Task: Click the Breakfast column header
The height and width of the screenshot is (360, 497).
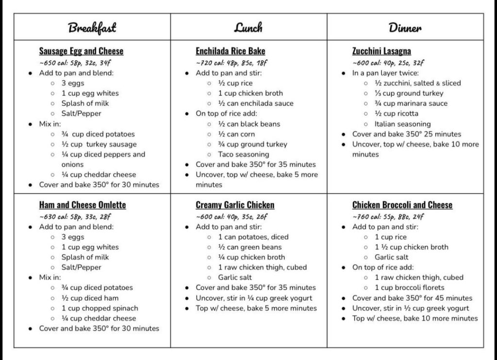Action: tap(92, 27)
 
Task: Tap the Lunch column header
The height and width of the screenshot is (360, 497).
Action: tap(248, 27)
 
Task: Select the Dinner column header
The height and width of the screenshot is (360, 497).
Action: tap(405, 27)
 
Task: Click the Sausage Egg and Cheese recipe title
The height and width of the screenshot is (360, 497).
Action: tap(81, 51)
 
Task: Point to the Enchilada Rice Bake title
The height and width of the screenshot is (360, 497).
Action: tap(230, 51)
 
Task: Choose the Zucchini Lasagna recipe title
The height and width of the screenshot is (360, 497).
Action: tap(381, 51)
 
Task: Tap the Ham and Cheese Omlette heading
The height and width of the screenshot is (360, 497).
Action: tap(83, 205)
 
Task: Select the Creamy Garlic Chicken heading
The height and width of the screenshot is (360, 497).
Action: tap(235, 205)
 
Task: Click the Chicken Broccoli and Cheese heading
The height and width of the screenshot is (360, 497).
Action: tap(402, 205)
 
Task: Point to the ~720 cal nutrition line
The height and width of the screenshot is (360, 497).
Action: tap(232, 63)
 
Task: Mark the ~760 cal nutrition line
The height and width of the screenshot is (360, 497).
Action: tap(388, 217)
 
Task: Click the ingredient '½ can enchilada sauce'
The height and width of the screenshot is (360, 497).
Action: tap(255, 103)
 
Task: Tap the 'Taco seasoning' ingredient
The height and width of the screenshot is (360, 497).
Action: tap(244, 154)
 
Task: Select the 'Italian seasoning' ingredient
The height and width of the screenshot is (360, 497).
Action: tap(402, 124)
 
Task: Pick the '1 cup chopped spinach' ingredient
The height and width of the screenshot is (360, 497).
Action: tap(99, 308)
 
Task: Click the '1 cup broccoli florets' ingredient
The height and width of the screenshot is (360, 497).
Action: tap(409, 288)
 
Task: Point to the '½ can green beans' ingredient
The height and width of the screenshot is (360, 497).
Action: tap(250, 247)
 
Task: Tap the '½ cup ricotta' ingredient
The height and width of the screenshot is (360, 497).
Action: tap(396, 114)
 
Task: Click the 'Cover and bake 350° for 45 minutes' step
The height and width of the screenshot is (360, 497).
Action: tap(412, 298)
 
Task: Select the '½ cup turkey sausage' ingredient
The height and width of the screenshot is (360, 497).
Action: tap(99, 144)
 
